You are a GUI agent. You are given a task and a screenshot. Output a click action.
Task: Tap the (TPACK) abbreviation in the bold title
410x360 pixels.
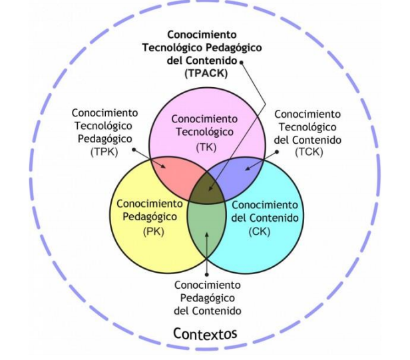[204, 73]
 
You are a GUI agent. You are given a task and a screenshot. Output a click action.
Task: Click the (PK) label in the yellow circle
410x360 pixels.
[152, 231]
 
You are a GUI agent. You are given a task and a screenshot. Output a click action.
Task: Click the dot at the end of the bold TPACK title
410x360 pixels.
[242, 62]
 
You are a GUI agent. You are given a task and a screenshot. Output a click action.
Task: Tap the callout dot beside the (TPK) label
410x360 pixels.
[133, 150]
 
